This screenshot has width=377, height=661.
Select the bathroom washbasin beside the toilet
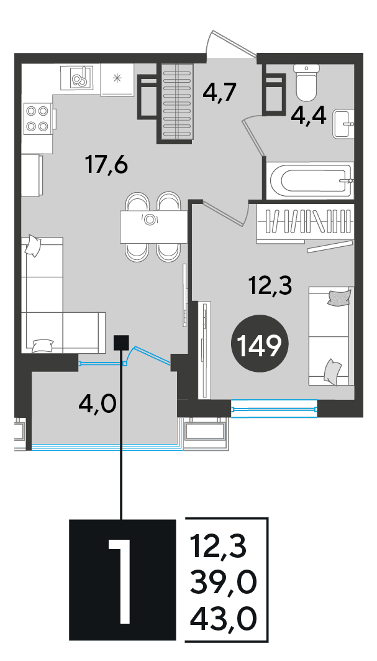tap(343, 124)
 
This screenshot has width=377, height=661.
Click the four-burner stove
tap(37, 118)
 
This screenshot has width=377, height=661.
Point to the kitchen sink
tap(81, 77)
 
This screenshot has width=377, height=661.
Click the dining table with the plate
tap(153, 227)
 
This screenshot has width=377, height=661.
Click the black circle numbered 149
tap(260, 344)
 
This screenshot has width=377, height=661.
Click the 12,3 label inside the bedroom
tap(270, 286)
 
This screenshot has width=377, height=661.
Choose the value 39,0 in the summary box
tap(223, 583)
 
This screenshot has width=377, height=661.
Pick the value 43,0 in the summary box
tap(223, 617)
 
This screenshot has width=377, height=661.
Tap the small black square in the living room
tap(122, 343)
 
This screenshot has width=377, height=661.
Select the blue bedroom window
tap(274, 409)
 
